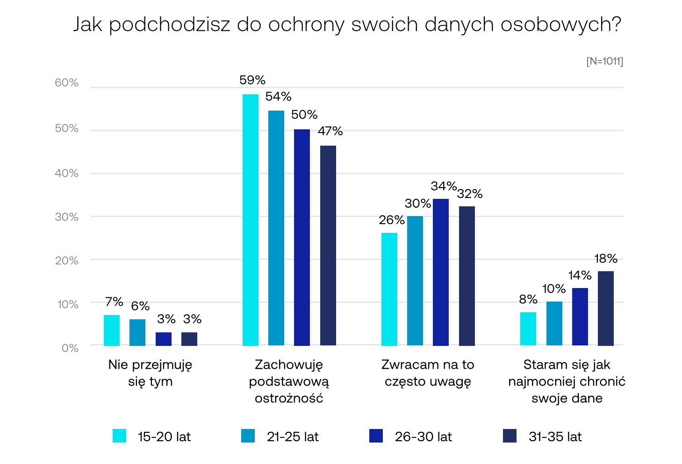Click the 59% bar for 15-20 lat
(250, 220)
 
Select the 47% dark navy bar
(328, 246)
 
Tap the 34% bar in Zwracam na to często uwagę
(440, 272)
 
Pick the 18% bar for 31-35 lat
(605, 308)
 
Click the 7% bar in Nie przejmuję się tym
(111, 330)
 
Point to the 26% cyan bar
(389, 289)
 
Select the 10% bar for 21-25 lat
(554, 323)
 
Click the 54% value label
(278, 97)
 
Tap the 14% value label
(580, 275)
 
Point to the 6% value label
(140, 306)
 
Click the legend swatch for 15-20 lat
(120, 436)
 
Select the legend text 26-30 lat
(423, 437)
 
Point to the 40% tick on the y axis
(66, 173)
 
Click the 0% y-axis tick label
(70, 348)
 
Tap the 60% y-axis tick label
(66, 83)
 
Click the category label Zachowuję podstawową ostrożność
(289, 381)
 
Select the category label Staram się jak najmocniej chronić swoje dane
(567, 381)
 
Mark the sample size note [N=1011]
(604, 61)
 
